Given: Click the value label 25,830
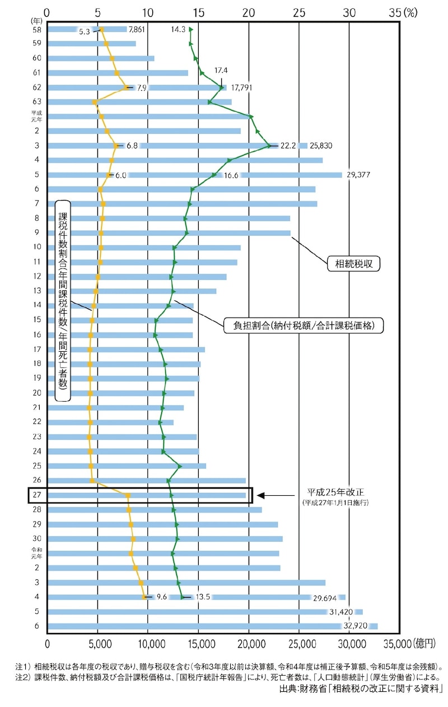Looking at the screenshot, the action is click(321, 146).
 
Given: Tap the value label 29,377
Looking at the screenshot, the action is click(358, 175).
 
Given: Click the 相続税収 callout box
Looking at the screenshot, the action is click(353, 263).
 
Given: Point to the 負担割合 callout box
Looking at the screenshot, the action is click(304, 325).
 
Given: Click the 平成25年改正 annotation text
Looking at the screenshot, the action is click(335, 492).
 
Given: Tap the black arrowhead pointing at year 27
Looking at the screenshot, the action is click(261, 495).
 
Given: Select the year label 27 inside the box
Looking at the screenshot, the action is click(37, 495).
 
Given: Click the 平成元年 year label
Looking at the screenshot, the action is click(36, 116).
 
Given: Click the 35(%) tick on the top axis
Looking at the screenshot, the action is click(403, 13).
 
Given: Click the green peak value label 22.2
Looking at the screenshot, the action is click(288, 146).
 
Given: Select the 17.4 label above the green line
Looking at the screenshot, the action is click(221, 70).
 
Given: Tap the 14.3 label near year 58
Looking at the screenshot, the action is click(178, 29).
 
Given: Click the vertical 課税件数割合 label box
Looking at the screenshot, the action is click(63, 300).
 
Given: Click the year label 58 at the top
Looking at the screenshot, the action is click(37, 30).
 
